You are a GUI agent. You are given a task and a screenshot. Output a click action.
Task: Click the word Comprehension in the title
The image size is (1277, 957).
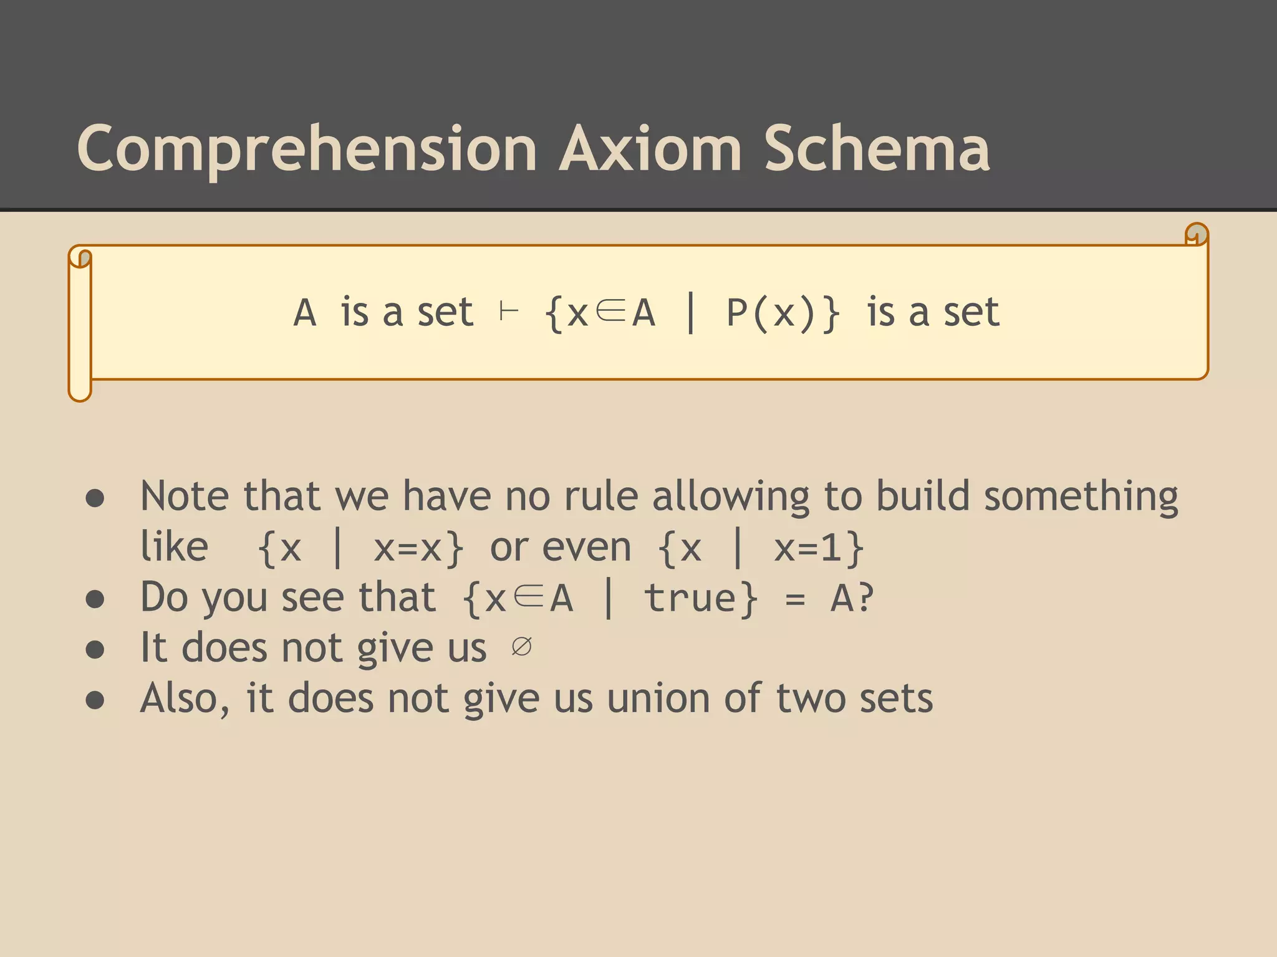click(307, 150)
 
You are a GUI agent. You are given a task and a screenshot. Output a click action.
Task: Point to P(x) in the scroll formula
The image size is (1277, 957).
click(771, 313)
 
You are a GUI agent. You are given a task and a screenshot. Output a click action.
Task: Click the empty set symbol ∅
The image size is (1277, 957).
click(521, 647)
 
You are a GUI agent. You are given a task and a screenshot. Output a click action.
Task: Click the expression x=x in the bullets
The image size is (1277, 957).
click(409, 548)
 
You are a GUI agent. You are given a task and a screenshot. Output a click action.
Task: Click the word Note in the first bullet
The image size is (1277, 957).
click(186, 497)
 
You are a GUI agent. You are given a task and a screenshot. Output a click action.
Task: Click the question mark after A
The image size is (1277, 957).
click(865, 598)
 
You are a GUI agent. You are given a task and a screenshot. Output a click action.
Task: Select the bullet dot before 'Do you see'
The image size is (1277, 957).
click(95, 599)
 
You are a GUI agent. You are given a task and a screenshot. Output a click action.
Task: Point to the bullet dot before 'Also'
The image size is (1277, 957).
click(95, 700)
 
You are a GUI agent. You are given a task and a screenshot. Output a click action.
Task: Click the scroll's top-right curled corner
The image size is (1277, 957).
click(1196, 235)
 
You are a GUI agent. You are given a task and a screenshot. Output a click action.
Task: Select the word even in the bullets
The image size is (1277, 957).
click(587, 548)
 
